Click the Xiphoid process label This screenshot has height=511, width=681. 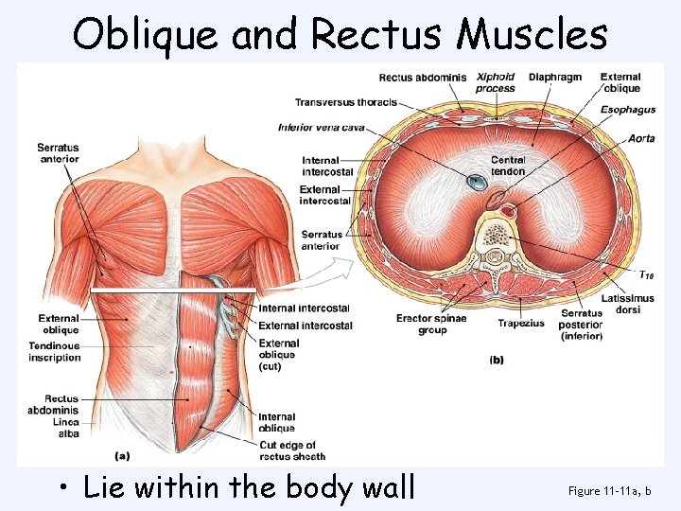click(496, 82)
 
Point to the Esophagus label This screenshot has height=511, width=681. click(627, 110)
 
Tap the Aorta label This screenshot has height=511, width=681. click(640, 138)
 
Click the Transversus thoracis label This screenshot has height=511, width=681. click(345, 102)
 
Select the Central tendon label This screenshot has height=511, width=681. click(508, 166)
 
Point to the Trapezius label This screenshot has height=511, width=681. click(521, 323)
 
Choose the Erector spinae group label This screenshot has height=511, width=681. click(431, 324)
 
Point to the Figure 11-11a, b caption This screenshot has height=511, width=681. click(611, 490)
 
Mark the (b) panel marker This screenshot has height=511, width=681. click(497, 360)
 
